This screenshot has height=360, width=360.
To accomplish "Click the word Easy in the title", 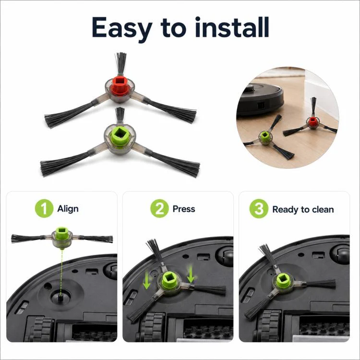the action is tap(122, 28).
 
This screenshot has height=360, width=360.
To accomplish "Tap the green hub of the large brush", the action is tap(120, 136).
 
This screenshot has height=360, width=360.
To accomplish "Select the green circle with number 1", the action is tap(44, 208).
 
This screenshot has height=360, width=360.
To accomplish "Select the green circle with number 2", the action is tap(159, 208).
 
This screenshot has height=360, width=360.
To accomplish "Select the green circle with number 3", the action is tap(259, 208).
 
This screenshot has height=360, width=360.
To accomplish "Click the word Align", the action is tap(68, 209).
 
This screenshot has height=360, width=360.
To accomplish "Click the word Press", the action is tap(184, 209).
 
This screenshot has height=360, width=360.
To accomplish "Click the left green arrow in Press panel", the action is tap(146, 281).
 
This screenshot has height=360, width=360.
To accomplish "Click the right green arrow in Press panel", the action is tap(191, 275).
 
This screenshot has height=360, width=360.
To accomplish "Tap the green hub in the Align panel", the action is tap(62, 233).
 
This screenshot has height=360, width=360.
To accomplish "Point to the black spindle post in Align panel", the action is tap(60, 298).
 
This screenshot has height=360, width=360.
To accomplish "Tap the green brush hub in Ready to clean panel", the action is tap(282, 281).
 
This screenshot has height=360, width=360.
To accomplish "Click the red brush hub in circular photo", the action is tap(312, 121).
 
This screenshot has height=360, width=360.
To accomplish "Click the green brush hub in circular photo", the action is tap(264, 137).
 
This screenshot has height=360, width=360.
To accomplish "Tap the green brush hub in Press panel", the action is tap(169, 281).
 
